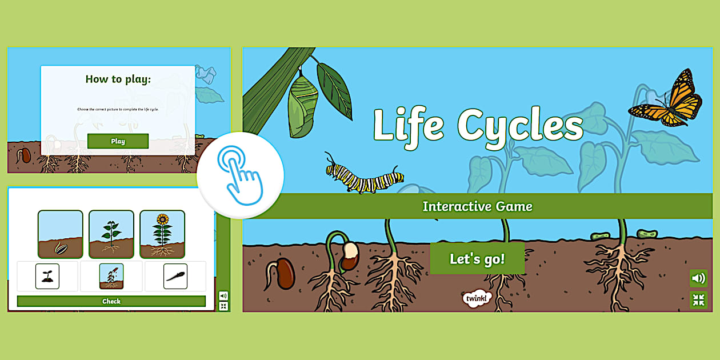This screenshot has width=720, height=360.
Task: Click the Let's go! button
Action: pos(477,259)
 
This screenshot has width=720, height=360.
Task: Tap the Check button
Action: pos(111,301)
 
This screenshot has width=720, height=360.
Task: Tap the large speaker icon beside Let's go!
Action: pos(698,278)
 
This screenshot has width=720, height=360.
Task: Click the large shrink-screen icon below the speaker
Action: pos(698,300)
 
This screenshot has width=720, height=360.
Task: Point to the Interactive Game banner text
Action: pos(477,206)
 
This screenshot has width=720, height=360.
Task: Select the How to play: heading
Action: pos(118,79)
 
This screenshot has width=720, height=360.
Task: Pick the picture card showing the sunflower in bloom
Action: pos(162,234)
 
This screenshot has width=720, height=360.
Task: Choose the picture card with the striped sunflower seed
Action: pos(61,234)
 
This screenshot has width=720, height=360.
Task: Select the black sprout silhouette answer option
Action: pos(47,276)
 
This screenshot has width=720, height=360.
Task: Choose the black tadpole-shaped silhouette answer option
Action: pos(175,276)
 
